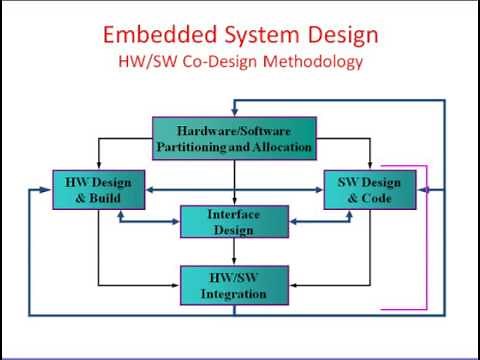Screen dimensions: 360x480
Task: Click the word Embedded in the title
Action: click(x=153, y=35)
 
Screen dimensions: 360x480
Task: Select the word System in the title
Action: click(x=255, y=35)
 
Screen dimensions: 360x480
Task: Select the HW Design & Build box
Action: click(x=98, y=190)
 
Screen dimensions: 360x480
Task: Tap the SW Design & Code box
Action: click(x=370, y=190)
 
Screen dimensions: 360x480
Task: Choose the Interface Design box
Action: click(x=234, y=222)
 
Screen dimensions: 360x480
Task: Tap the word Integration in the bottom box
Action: click(x=234, y=295)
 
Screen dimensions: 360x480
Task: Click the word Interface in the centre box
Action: click(x=234, y=215)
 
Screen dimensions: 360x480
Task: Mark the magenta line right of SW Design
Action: click(x=427, y=230)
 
